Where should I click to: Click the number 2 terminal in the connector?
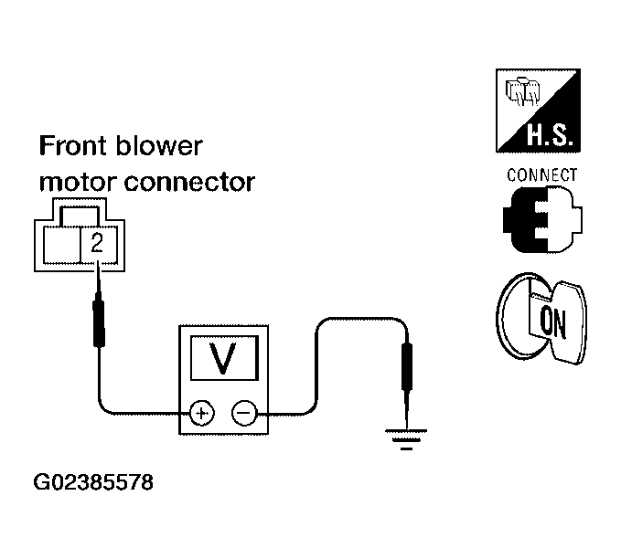coord(99,245)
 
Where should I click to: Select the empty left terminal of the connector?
coord(61,245)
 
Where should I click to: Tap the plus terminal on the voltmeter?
coord(202,414)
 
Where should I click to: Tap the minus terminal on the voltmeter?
coord(244,414)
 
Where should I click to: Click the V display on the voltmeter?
coord(225,358)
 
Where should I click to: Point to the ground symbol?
coord(406,439)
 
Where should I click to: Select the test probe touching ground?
coord(406,380)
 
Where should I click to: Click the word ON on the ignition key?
coord(553,322)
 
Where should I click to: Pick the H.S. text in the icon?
coord(550,135)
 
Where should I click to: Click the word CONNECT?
coord(541,174)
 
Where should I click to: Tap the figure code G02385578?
coord(93,482)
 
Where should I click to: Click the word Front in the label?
coord(74,146)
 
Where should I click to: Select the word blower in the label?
coord(159,146)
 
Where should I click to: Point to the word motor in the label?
coord(78,183)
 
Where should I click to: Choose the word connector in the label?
coord(189,183)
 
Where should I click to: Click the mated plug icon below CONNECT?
coord(542,219)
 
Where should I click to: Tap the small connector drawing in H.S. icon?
coord(522,91)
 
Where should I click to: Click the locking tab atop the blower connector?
coord(80,213)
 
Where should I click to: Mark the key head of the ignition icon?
coord(569,322)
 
